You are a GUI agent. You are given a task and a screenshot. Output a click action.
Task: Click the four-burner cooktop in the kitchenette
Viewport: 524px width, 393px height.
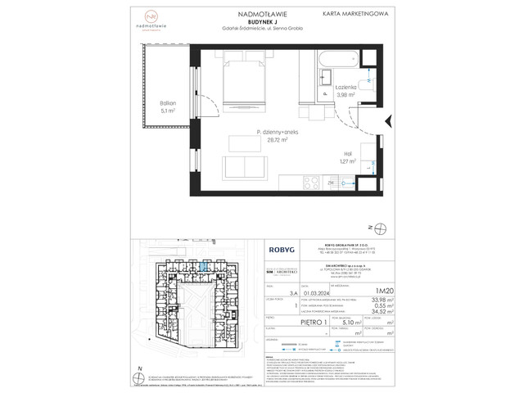[x=314, y=183]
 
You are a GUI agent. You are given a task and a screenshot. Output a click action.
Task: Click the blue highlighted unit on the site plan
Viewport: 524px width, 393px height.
[x=201, y=266]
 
